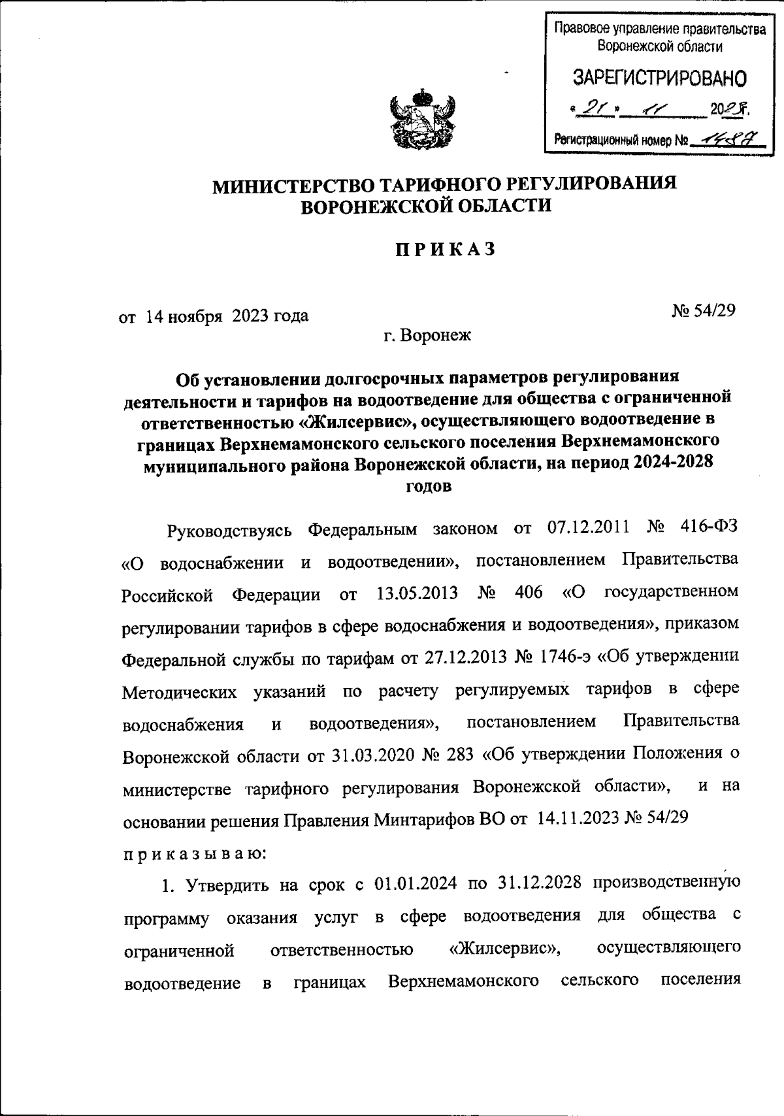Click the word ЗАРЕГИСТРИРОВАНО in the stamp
pos(659,78)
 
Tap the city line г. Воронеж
pos(426,336)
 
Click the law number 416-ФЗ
pos(710,528)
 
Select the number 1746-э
pos(563,657)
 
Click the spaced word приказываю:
pos(193,853)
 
